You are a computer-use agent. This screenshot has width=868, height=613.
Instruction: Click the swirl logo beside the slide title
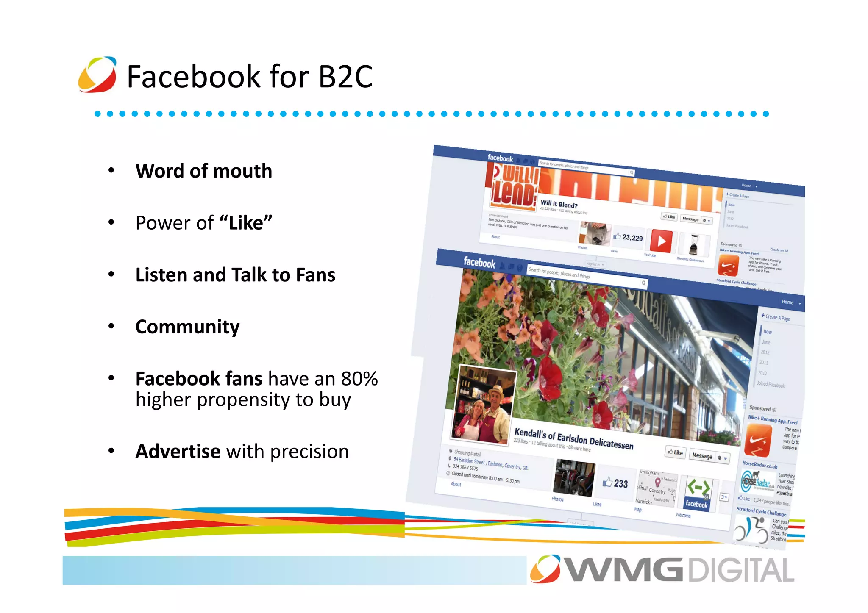coord(97,75)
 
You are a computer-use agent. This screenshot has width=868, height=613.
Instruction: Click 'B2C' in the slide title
coord(345,77)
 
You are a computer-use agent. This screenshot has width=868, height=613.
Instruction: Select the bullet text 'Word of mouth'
coord(203,171)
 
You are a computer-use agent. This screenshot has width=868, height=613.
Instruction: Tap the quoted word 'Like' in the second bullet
coord(246,223)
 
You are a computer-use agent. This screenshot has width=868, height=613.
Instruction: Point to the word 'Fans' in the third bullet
coord(315,275)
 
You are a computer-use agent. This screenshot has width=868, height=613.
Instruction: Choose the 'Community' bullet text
coord(187,327)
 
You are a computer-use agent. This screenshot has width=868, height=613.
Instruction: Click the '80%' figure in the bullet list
coord(359,379)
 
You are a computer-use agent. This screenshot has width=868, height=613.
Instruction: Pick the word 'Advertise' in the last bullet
coord(178,452)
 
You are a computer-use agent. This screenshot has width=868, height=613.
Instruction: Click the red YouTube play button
coord(661,241)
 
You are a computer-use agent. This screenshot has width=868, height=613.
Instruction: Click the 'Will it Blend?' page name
coord(559,204)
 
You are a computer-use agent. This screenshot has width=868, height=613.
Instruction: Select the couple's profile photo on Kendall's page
coord(483,406)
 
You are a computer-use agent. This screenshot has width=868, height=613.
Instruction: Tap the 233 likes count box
coord(616,483)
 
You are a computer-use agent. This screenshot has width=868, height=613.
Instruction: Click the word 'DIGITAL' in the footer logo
coord(741,570)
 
